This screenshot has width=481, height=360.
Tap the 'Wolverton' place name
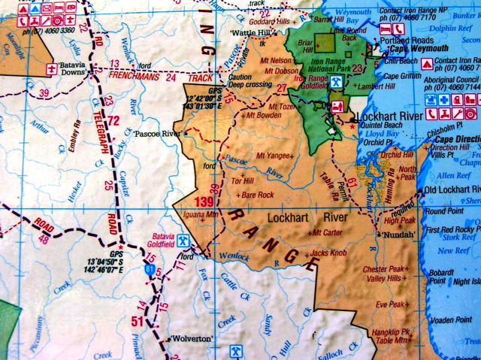tap(191, 338)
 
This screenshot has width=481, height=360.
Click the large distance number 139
tap(204, 201)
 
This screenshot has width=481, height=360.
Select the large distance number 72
tap(113, 120)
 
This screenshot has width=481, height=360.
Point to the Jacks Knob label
tap(328, 253)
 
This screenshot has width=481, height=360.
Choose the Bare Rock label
tap(257, 195)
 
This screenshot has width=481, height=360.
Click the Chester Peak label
tap(383, 268)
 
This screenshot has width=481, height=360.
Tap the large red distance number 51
tap(138, 322)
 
